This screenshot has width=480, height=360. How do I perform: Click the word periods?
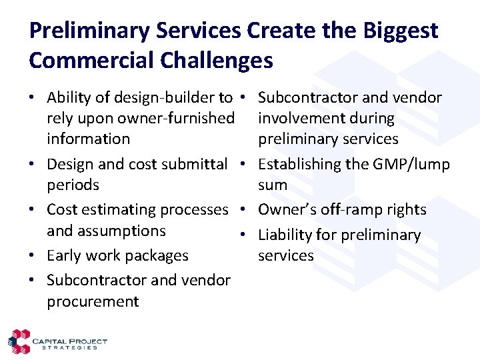click(x=73, y=185)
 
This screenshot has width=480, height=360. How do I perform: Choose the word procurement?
click(x=93, y=301)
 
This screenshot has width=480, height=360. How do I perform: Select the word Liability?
click(x=285, y=235)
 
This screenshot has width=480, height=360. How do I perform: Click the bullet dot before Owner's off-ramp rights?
click(x=245, y=210)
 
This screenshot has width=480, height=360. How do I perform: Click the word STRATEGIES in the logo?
click(x=69, y=347)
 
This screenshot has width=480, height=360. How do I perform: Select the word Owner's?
click(x=285, y=209)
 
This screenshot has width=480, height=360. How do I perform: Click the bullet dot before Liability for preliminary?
click(x=245, y=235)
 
